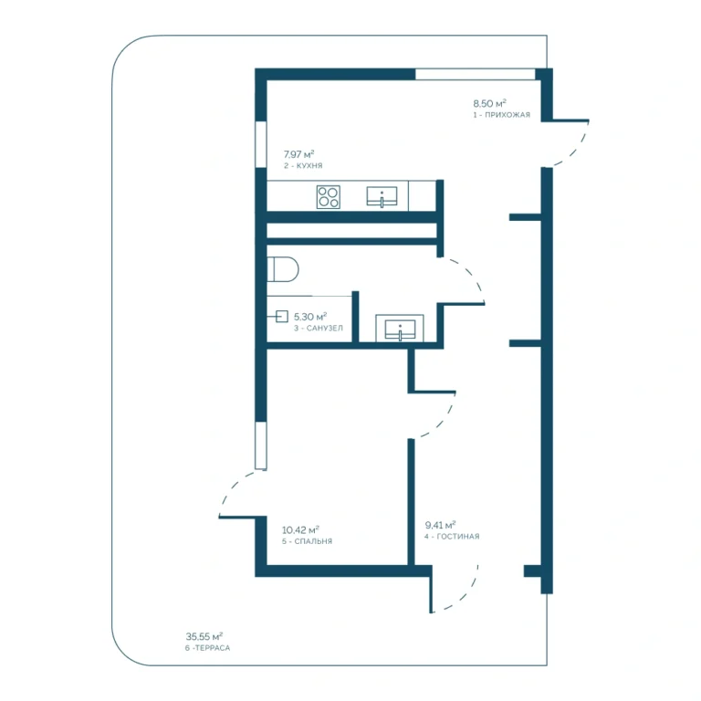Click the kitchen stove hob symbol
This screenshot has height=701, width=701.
click(329, 197)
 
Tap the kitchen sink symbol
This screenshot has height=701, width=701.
click(382, 197)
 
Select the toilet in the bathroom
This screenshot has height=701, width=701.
click(283, 269)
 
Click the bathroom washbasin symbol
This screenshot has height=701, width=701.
click(400, 330)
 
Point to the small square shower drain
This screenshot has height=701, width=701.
click(282, 317)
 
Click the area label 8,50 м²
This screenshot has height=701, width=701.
click(489, 103)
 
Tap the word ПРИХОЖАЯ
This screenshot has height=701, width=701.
click(507, 115)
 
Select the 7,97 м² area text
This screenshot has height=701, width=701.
click(298, 154)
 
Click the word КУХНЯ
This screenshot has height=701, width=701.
click(309, 165)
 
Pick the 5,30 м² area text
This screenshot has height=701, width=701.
click(310, 317)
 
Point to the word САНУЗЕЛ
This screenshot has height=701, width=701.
click(325, 329)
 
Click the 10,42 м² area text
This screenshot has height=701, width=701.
click(300, 529)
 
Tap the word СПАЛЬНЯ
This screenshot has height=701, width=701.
click(313, 541)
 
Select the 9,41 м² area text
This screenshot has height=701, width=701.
click(440, 525)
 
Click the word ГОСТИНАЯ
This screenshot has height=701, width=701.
click(458, 536)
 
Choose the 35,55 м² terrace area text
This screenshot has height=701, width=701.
click(204, 636)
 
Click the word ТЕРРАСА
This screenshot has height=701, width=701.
click(213, 648)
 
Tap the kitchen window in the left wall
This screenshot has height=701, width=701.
click(261, 144)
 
